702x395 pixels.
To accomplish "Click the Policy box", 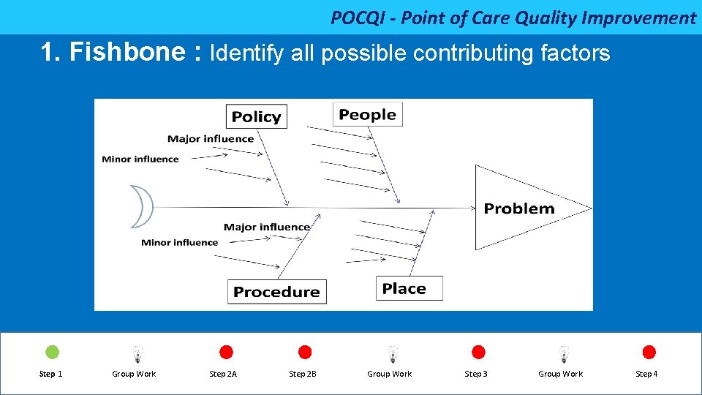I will click(256, 116).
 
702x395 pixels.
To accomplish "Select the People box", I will click(367, 114).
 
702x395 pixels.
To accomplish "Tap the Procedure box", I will click(276, 292).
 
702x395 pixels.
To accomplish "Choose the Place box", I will click(409, 288).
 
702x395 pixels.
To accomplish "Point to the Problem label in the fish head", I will click(519, 208).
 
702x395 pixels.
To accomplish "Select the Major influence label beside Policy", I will click(211, 138).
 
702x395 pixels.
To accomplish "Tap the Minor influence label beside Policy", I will click(140, 159).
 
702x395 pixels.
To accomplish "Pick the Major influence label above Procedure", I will click(267, 227).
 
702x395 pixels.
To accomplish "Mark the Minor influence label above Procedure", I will click(180, 242).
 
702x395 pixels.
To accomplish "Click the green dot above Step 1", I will click(53, 353).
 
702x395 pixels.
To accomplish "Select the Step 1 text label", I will click(50, 374).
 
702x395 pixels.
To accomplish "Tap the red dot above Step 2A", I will click(227, 353).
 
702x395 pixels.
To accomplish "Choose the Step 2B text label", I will click(303, 374).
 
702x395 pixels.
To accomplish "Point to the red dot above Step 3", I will click(478, 353).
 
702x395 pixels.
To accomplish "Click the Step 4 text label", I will click(646, 374).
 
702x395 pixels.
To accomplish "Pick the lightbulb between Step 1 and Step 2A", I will click(137, 355).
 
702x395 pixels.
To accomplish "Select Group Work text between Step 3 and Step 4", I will click(561, 374).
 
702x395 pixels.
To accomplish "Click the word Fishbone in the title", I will click(118, 52).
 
